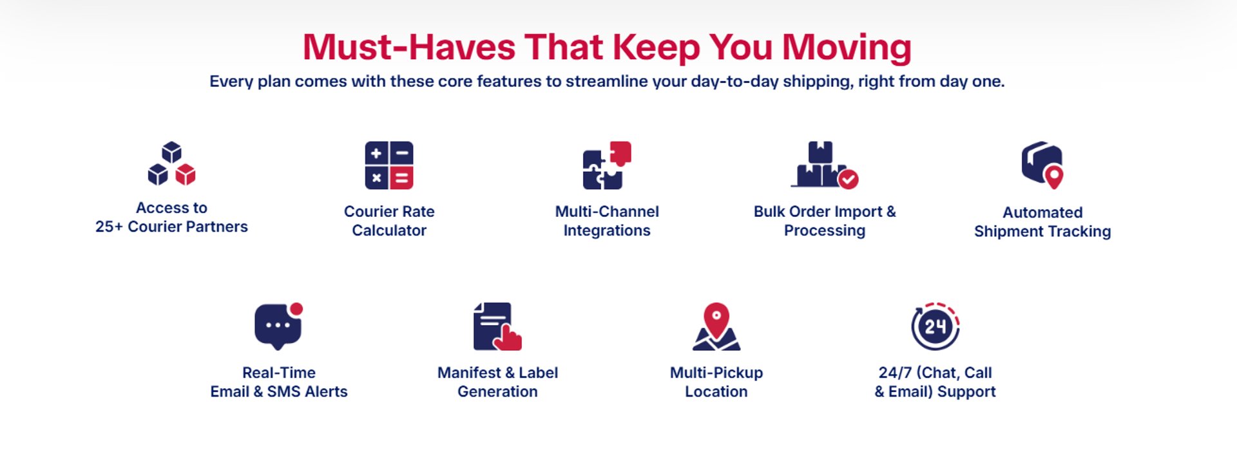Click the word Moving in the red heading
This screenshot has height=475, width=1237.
(x=847, y=48)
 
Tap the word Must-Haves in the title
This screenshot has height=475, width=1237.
(x=409, y=48)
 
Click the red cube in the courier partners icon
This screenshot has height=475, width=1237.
(x=186, y=174)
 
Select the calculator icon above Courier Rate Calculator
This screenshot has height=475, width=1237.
(x=389, y=165)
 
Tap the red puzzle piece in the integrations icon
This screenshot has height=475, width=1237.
(x=621, y=153)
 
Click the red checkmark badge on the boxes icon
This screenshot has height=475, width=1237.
(x=848, y=179)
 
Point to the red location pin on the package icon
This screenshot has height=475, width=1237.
(x=1054, y=176)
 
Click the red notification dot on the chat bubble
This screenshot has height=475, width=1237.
(x=296, y=309)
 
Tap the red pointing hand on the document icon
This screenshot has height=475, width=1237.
(x=508, y=337)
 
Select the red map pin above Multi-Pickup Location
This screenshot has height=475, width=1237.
(x=716, y=320)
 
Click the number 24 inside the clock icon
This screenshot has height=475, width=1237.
(x=935, y=327)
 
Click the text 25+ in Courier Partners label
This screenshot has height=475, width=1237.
(x=109, y=227)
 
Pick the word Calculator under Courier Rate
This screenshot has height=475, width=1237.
(x=389, y=230)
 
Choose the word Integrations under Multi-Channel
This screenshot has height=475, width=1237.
(x=607, y=230)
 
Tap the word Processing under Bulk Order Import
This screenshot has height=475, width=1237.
(x=825, y=230)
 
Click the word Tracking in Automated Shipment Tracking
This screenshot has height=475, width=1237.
(x=1080, y=231)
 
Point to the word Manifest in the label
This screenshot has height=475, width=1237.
(x=469, y=373)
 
